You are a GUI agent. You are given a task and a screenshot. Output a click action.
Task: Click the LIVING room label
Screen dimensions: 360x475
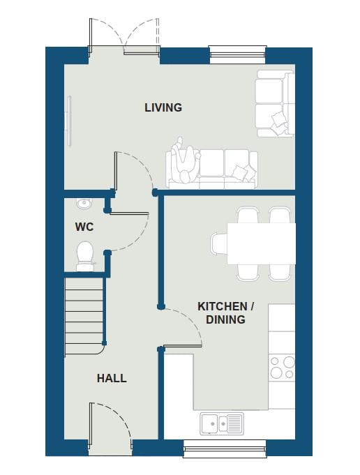point(163,107)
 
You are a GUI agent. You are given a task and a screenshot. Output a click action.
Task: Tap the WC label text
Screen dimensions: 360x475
point(84,227)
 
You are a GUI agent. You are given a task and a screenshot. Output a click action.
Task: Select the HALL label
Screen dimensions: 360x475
point(112,378)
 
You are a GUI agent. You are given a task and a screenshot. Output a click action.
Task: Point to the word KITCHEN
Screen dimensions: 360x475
point(223,306)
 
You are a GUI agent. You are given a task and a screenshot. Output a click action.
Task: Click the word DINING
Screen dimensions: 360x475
point(225,319)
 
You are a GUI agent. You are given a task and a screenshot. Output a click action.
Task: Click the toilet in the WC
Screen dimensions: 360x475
point(85,256)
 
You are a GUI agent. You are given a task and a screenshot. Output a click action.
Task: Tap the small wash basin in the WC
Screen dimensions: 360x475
point(84,203)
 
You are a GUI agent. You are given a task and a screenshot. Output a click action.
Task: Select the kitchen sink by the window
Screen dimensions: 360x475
point(222,423)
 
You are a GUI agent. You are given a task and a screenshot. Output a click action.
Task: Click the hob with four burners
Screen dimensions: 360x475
point(282,368)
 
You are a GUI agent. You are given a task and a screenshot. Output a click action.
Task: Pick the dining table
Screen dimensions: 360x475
point(261,244)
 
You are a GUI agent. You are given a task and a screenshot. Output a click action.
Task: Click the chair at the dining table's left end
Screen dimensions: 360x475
point(219,243)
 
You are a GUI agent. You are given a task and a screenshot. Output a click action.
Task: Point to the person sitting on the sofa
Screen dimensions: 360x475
point(186,160)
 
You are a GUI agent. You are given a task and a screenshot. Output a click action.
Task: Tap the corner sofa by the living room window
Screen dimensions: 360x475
point(275,103)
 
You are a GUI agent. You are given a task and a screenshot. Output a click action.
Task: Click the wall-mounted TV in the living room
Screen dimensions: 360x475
point(69,121)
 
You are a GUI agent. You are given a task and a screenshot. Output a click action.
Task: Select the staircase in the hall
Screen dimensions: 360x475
point(84,316)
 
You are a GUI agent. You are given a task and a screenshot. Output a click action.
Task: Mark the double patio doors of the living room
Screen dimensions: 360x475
point(124,36)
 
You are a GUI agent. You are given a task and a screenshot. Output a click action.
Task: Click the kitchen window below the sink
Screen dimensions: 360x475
point(225,448)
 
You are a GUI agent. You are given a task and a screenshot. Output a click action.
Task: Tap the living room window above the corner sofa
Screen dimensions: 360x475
point(238,54)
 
